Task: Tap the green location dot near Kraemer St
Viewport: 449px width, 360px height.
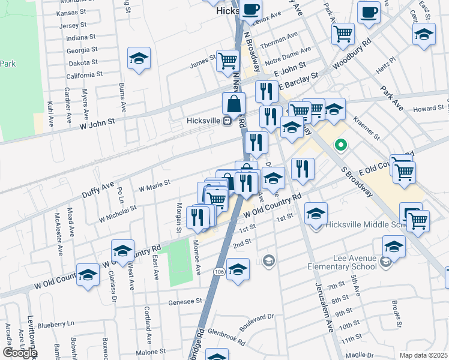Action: pyautogui.click(x=340, y=145)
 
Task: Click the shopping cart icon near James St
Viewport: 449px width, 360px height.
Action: pyautogui.click(x=228, y=60)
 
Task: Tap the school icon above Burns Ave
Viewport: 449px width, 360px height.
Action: pyautogui.click(x=139, y=58)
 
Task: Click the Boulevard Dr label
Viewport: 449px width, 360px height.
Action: pyautogui.click(x=256, y=319)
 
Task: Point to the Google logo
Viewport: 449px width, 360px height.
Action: pyautogui.click(x=20, y=353)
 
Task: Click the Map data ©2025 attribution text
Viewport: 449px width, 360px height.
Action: pyautogui.click(x=423, y=355)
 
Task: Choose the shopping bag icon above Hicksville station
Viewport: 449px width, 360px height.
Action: pyautogui.click(x=234, y=103)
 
